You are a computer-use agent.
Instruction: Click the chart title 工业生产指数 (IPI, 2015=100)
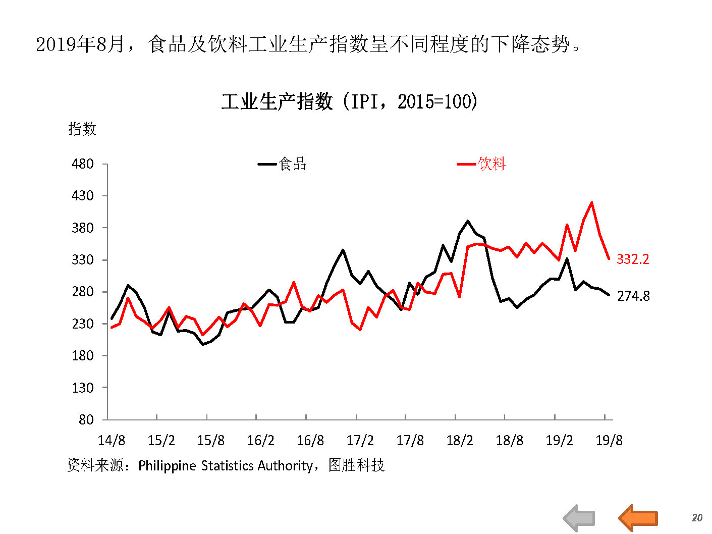coord(349,102)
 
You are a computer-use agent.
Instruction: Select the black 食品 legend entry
coord(283,164)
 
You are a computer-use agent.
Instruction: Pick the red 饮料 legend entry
coord(482,164)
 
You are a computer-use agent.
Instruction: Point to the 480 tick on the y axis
coord(83,164)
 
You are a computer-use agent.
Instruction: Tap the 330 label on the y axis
coord(83,260)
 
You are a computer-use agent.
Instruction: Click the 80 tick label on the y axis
coord(86,420)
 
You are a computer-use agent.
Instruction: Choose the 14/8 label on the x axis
coord(112,441)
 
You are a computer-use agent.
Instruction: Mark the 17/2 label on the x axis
coord(360,441)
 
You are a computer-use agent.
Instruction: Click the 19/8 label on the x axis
coord(609,441)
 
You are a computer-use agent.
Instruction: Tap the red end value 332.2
coord(633,259)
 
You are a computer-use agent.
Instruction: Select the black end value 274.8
coord(633,296)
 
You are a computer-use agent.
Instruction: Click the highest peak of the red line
coord(591,203)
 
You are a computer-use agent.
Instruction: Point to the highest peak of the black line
coord(468,221)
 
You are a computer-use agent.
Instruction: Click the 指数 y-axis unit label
coord(82,129)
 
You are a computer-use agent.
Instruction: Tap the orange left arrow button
coord(638,518)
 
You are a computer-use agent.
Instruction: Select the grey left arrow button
coord(579,518)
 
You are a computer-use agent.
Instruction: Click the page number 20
coord(697,518)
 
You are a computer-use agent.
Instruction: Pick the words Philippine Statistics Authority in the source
coord(225,465)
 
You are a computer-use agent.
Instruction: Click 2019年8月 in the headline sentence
coord(80,44)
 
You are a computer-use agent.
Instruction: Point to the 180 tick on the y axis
coord(83,356)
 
